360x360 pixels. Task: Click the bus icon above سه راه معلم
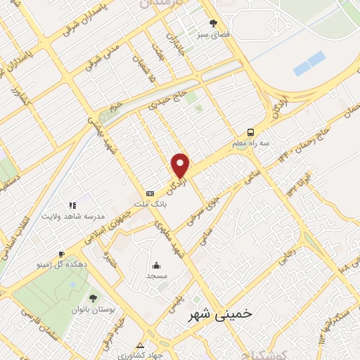(250, 132)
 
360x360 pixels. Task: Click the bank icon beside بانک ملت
(150, 193)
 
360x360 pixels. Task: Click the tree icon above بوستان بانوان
(94, 298)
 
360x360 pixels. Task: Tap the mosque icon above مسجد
(155, 266)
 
